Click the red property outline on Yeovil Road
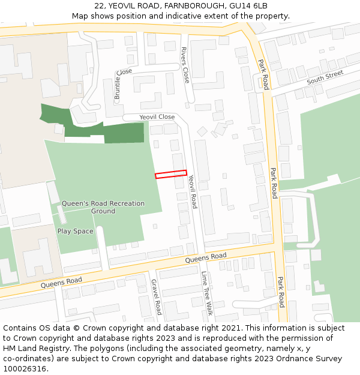tap(171, 175)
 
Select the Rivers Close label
tap(185, 65)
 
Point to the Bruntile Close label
tap(122, 83)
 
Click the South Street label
tap(325, 77)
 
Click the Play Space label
tap(75, 231)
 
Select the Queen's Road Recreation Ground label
tap(103, 207)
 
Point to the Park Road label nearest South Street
tap(263, 74)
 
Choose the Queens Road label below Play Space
tap(61, 281)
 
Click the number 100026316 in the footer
tap(23, 369)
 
